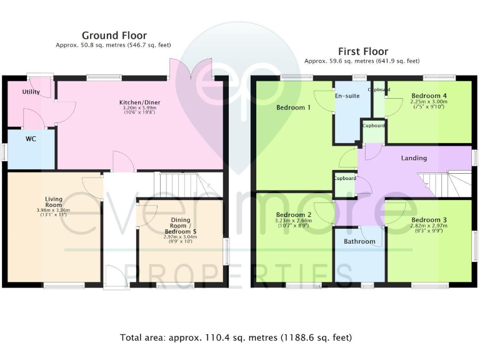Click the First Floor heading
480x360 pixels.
(x=362, y=51)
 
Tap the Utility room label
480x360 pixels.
(x=31, y=92)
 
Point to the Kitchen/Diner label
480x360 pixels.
(x=140, y=102)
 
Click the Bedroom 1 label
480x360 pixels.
(x=293, y=107)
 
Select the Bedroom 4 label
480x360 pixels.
(x=429, y=95)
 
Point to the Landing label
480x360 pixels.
(x=414, y=158)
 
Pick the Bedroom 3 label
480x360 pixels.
(x=429, y=220)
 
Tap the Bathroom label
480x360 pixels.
(x=359, y=242)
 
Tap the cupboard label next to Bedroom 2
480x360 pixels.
(x=344, y=179)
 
